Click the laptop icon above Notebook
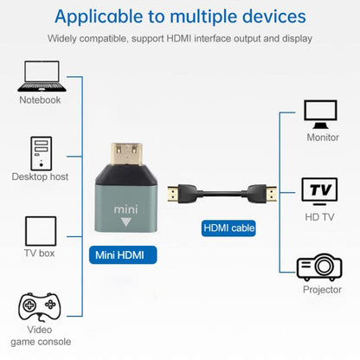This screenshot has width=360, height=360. (40, 75)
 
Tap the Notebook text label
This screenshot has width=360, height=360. (40, 100)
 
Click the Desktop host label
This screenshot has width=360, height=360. (40, 177)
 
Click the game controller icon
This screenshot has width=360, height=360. (40, 308)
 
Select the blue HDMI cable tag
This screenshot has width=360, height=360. (229, 228)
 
